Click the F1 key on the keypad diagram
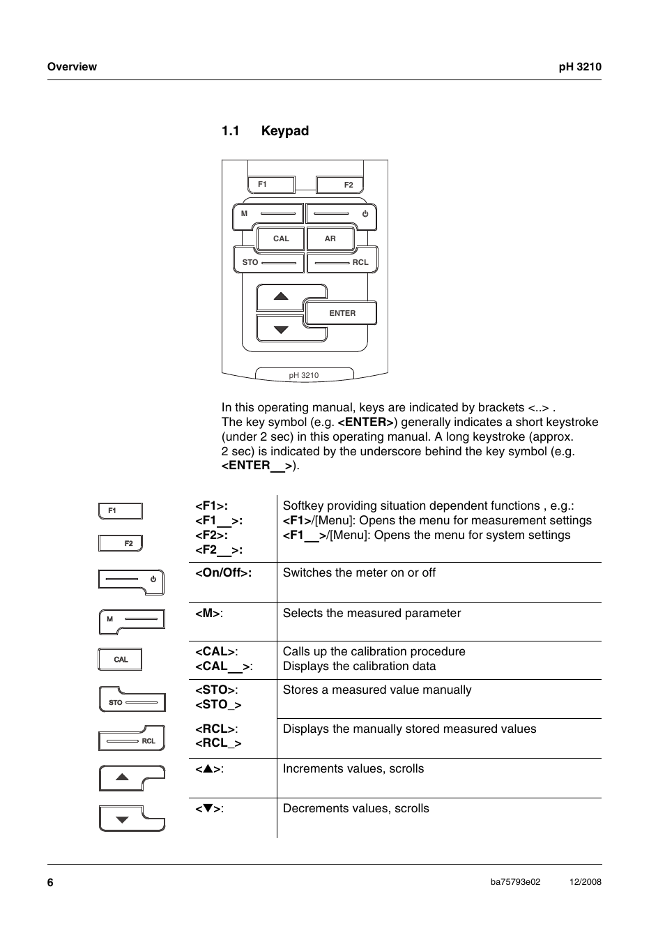click(271, 185)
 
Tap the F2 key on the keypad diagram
click(339, 185)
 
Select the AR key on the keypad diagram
click(330, 238)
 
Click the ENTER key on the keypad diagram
click(342, 314)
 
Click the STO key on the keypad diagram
click(268, 262)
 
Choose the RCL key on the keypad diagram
click(342, 262)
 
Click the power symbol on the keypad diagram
click(365, 214)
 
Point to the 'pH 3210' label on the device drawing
click(304, 375)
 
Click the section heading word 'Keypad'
click(285, 131)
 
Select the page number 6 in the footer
click(50, 882)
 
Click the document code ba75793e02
click(515, 882)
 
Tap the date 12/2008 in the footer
click(585, 882)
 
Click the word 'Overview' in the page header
click(72, 67)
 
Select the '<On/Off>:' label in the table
click(223, 572)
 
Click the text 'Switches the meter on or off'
click(359, 572)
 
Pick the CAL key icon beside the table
click(120, 660)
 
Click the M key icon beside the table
click(132, 621)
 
